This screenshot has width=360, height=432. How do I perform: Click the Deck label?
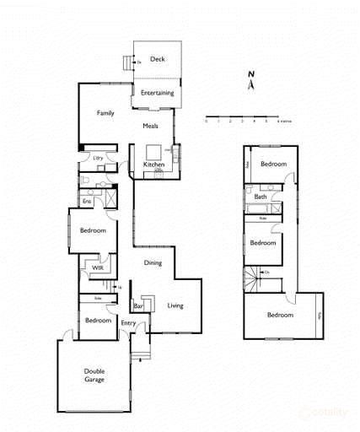(x=156, y=59)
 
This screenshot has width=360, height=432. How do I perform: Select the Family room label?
(x=105, y=112)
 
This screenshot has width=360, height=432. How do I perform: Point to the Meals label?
(x=150, y=126)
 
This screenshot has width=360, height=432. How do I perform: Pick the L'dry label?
(x=98, y=158)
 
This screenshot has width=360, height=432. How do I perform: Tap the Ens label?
(x=87, y=202)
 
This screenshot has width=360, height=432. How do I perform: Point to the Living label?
(x=175, y=305)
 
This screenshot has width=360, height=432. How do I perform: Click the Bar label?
(x=138, y=306)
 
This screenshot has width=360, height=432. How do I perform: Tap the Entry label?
(x=128, y=323)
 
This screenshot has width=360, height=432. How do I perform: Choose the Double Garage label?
(x=94, y=375)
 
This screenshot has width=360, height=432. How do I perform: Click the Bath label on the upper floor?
(x=260, y=197)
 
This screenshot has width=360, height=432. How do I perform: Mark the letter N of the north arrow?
(x=250, y=74)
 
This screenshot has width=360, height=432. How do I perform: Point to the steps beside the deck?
(x=128, y=62)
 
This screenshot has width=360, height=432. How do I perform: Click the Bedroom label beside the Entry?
(x=99, y=321)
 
